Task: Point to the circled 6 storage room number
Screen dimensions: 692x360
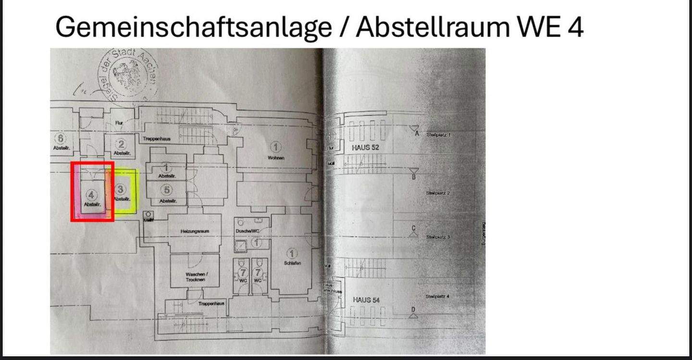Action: (62, 138)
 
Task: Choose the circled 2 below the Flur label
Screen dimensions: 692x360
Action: (122, 144)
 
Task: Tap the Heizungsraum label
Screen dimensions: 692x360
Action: (194, 231)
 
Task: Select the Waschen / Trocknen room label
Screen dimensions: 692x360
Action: (196, 276)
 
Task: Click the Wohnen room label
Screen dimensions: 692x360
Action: (276, 158)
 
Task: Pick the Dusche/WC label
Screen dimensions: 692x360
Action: (247, 231)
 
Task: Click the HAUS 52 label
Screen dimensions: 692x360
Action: (365, 148)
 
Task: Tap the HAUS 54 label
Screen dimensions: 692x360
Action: (366, 300)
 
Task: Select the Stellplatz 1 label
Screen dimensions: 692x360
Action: (438, 135)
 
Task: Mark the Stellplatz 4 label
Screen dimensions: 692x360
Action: (437, 297)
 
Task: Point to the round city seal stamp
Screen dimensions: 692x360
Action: (128, 73)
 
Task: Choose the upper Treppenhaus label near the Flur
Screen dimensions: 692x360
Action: (157, 138)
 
